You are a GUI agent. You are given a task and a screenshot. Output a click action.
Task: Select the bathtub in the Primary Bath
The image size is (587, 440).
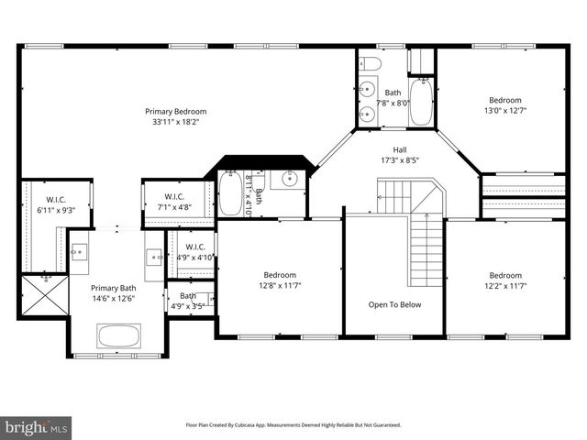click(x=117, y=335)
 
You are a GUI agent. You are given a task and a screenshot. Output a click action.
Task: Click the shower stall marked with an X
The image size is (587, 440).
click(x=43, y=296)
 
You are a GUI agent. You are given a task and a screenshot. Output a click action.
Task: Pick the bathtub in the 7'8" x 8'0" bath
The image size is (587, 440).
click(x=421, y=103)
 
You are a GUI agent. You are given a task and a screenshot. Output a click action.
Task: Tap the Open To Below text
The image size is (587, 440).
click(x=395, y=304)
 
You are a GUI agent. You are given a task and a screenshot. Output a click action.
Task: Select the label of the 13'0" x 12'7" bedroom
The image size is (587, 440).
click(x=504, y=100)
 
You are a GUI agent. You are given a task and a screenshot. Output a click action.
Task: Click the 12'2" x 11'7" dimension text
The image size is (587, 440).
click(x=504, y=285)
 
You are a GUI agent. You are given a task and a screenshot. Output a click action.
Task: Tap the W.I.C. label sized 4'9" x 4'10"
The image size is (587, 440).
click(x=195, y=247)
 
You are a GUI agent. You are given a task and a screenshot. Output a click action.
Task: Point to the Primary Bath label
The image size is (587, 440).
click(x=112, y=287)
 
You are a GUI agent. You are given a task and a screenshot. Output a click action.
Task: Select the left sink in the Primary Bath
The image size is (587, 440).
click(x=79, y=249)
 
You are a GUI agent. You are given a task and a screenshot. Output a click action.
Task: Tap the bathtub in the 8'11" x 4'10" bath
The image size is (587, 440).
click(x=230, y=193)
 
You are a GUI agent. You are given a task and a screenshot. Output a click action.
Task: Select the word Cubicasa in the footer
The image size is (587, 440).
click(x=263, y=424)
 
